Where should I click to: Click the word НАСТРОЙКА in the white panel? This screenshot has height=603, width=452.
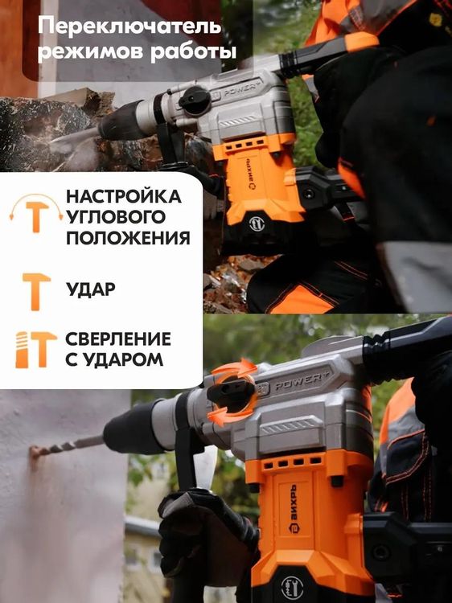(123, 197)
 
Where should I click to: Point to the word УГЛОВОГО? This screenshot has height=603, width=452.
(116, 218)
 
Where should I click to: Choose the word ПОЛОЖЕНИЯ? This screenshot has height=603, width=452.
(128, 239)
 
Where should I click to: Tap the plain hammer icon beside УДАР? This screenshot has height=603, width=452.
(36, 290)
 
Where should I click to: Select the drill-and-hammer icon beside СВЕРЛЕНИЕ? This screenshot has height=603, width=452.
(36, 349)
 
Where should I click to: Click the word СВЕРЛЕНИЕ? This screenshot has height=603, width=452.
(118, 338)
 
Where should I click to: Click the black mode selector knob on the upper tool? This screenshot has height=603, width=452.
(194, 100)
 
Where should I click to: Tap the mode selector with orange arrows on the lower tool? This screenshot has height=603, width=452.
(234, 392)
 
